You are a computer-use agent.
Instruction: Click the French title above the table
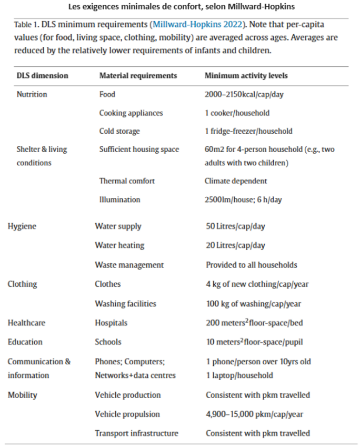pos(179,7)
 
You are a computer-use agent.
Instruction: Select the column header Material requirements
pos(138,75)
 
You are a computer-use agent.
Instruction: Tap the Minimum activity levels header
pos(246,75)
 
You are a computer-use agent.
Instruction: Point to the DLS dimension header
pos(42,75)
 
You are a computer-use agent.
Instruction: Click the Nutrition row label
pos(32,94)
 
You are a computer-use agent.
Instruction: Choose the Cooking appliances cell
pos(131,113)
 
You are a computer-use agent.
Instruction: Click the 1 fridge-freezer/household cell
pos(248,131)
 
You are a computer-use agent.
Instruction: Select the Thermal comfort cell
pos(127,181)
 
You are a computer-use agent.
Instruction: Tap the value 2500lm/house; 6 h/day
pos(243,200)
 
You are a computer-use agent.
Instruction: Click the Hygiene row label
pos(22,226)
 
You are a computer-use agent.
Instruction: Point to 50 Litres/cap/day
pos(235,226)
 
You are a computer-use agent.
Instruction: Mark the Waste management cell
pos(129,265)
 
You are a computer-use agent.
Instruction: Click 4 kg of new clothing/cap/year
pos(257,284)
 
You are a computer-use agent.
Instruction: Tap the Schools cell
pos(108,342)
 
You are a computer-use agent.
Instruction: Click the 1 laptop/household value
pos(239,375)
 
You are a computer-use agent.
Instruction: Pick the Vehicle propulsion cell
pos(127,414)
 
